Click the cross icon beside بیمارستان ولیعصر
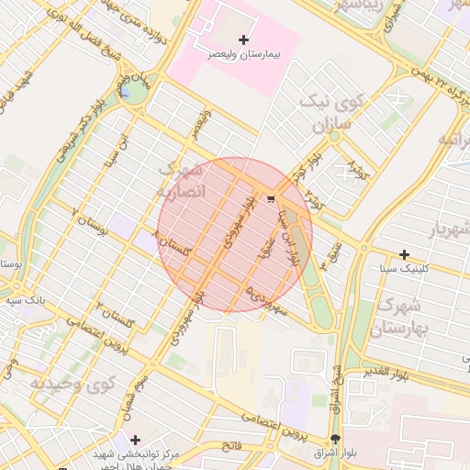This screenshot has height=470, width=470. click(243, 39)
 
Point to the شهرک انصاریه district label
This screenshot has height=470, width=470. click(180, 180)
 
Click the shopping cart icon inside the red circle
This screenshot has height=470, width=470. click(271, 197)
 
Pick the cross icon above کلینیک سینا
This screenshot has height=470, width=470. click(404, 254)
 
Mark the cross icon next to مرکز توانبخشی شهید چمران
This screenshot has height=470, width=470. click(136, 440)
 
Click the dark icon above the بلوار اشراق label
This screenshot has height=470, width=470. click(335, 439)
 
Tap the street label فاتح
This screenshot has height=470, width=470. click(230, 444)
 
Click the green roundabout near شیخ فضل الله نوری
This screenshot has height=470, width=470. click(135, 92)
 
